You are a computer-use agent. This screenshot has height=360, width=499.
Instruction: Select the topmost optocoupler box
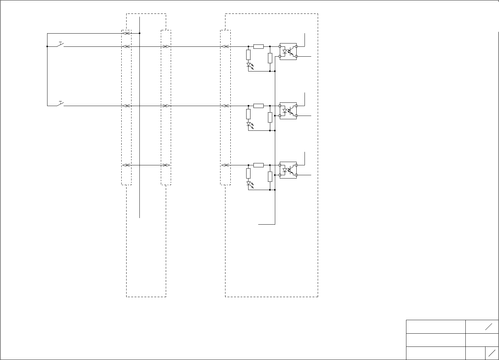click(288, 51)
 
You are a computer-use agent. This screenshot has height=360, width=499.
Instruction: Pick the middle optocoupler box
click(288, 111)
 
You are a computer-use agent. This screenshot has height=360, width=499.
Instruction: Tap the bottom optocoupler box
click(288, 170)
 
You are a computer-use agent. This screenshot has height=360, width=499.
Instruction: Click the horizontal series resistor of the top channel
click(258, 46)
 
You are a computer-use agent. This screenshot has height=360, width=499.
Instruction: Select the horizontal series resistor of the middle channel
click(258, 106)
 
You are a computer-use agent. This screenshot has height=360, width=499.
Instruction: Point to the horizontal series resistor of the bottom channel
click(258, 165)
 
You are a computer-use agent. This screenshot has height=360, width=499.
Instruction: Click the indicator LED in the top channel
click(249, 65)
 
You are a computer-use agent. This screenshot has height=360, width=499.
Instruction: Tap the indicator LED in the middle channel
click(249, 125)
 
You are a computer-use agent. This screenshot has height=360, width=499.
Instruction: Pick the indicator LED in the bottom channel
click(249, 184)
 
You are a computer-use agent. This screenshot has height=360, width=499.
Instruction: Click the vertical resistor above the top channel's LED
click(249, 55)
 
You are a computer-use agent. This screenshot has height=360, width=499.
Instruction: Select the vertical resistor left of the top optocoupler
click(270, 58)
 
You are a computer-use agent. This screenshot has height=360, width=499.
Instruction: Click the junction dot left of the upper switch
click(47, 46)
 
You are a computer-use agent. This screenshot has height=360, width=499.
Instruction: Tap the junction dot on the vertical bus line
click(140, 33)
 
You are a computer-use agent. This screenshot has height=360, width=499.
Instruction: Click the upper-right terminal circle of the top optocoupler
click(296, 46)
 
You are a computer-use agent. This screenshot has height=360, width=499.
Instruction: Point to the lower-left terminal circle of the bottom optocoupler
click(280, 175)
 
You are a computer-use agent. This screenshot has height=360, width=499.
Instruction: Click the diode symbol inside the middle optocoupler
click(285, 111)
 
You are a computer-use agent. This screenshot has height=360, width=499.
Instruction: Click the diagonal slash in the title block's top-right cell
click(489, 326)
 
